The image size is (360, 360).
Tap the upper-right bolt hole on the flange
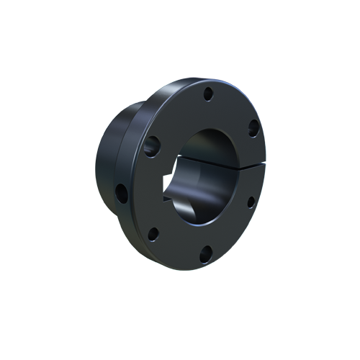253,129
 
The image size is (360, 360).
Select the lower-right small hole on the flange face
251,202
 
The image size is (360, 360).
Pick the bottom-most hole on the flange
206,251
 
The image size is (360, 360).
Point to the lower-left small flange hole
153,233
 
